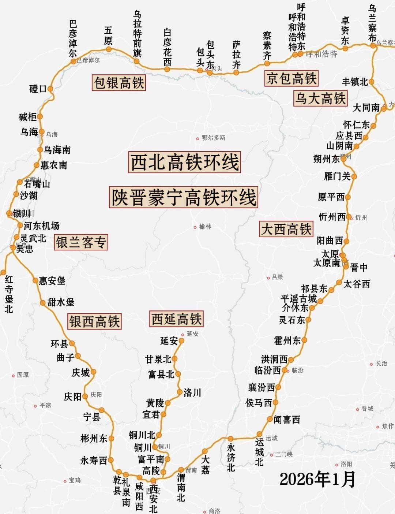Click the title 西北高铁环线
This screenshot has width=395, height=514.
[185, 163]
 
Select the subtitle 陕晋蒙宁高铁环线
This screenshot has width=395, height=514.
[183, 197]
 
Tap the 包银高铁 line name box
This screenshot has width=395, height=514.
[119, 82]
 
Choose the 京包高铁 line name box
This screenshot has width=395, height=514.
[291, 78]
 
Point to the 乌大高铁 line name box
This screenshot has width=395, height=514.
[320, 98]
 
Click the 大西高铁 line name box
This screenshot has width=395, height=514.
[286, 229]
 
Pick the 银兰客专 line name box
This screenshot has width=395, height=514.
[81, 242]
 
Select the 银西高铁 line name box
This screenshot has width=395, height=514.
[94, 321]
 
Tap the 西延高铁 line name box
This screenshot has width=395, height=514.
[176, 319]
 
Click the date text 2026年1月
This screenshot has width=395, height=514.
[317, 479]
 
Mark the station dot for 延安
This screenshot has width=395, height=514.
[181, 341]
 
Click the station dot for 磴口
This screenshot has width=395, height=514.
[50, 89]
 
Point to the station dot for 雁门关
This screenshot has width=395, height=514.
[354, 176]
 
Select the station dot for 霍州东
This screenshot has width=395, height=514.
[304, 340]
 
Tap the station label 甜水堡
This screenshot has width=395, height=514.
[61, 302]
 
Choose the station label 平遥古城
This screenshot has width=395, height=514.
[299, 298]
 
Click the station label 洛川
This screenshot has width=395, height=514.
[192, 393]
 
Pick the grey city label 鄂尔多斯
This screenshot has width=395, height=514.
[214, 138]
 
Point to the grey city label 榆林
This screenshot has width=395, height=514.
[205, 227]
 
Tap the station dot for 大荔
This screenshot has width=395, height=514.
[205, 451]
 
